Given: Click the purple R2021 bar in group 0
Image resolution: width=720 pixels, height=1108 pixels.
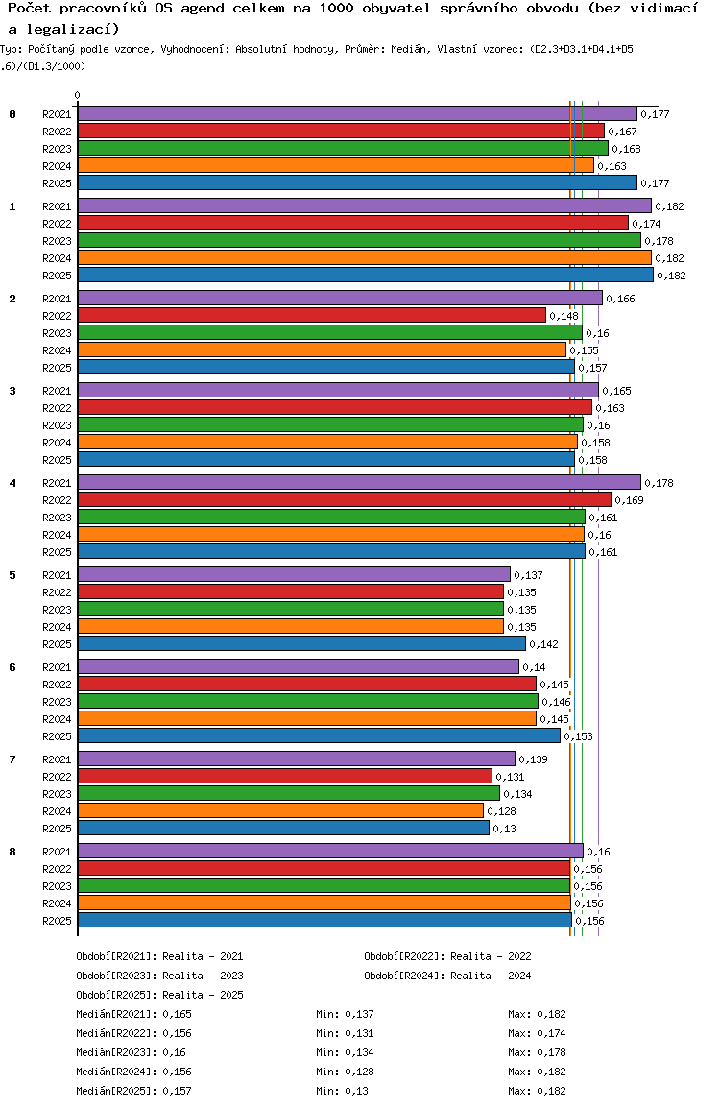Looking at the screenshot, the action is pos(357,113).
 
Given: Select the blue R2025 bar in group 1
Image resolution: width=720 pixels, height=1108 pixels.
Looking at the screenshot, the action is pos(366,275).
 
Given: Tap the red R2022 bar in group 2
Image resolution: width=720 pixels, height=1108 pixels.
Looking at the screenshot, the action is pos(312,315).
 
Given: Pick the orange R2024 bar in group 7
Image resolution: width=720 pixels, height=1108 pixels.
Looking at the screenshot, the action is pos(280,810).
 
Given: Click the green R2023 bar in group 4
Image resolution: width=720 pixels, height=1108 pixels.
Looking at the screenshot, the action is pos(331,517).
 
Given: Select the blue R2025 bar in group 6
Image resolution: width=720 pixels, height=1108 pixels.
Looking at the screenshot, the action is pos(319,735).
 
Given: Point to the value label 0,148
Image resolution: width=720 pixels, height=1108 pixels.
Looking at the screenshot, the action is pos(564,316).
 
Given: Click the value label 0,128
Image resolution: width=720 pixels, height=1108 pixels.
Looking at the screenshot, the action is pos(502,811).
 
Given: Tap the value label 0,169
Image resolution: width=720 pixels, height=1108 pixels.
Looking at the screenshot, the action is pos(629,500).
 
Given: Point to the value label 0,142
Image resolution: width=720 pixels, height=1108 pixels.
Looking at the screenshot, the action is pos(543,644).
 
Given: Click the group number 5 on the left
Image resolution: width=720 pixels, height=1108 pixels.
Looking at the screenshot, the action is pos(12,575).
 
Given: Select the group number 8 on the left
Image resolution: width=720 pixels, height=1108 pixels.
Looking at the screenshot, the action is pos(12,852).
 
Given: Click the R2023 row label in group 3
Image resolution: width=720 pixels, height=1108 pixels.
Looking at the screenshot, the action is pos(57,425).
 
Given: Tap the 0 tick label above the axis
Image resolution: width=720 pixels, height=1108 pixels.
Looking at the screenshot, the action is pos(77,95).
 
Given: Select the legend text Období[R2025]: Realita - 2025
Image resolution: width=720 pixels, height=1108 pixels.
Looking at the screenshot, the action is pos(159,995).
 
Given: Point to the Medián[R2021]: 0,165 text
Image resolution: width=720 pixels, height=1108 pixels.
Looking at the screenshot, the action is pos(133,1013).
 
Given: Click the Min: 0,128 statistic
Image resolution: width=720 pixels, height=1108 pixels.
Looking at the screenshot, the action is pos(345,1072).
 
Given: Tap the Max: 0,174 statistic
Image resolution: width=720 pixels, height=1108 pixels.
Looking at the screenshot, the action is pos(537,1033).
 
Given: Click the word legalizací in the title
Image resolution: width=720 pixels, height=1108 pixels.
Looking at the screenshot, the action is pos(73,29).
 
